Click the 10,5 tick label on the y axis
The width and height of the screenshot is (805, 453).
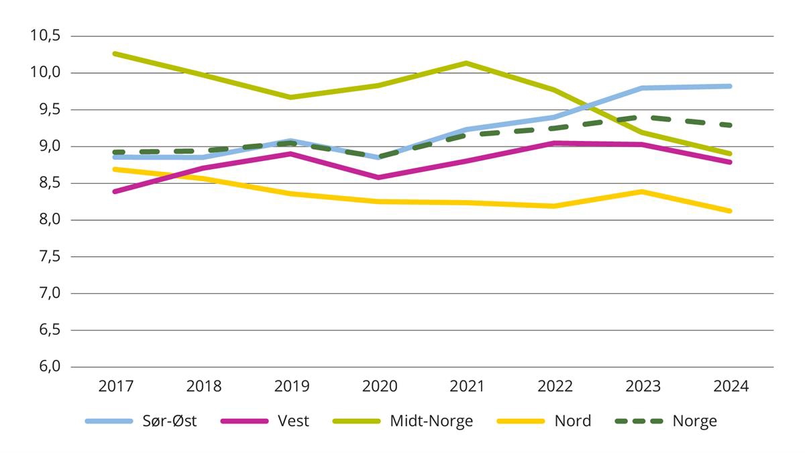click(45, 36)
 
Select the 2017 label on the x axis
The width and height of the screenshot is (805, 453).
click(116, 387)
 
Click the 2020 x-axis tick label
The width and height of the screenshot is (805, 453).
click(379, 387)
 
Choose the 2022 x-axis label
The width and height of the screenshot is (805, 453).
click(555, 387)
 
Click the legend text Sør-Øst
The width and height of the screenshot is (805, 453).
click(170, 421)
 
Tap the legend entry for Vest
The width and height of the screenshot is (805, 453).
click(293, 421)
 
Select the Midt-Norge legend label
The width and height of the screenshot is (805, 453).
click(431, 421)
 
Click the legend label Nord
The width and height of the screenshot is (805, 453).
click(572, 421)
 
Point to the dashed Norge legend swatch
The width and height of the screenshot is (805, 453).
click(639, 421)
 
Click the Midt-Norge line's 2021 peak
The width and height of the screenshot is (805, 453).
click(467, 63)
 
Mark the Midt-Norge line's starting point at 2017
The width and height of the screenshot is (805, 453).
click(116, 54)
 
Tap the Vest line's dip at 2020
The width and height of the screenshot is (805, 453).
click(379, 178)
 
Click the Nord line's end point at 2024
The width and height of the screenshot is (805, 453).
click(730, 211)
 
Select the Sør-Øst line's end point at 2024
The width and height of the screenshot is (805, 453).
click(730, 86)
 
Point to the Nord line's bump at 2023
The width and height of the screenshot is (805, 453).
click(643, 191)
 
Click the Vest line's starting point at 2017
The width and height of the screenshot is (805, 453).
click(116, 191)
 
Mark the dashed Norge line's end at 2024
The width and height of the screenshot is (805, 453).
click(730, 125)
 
